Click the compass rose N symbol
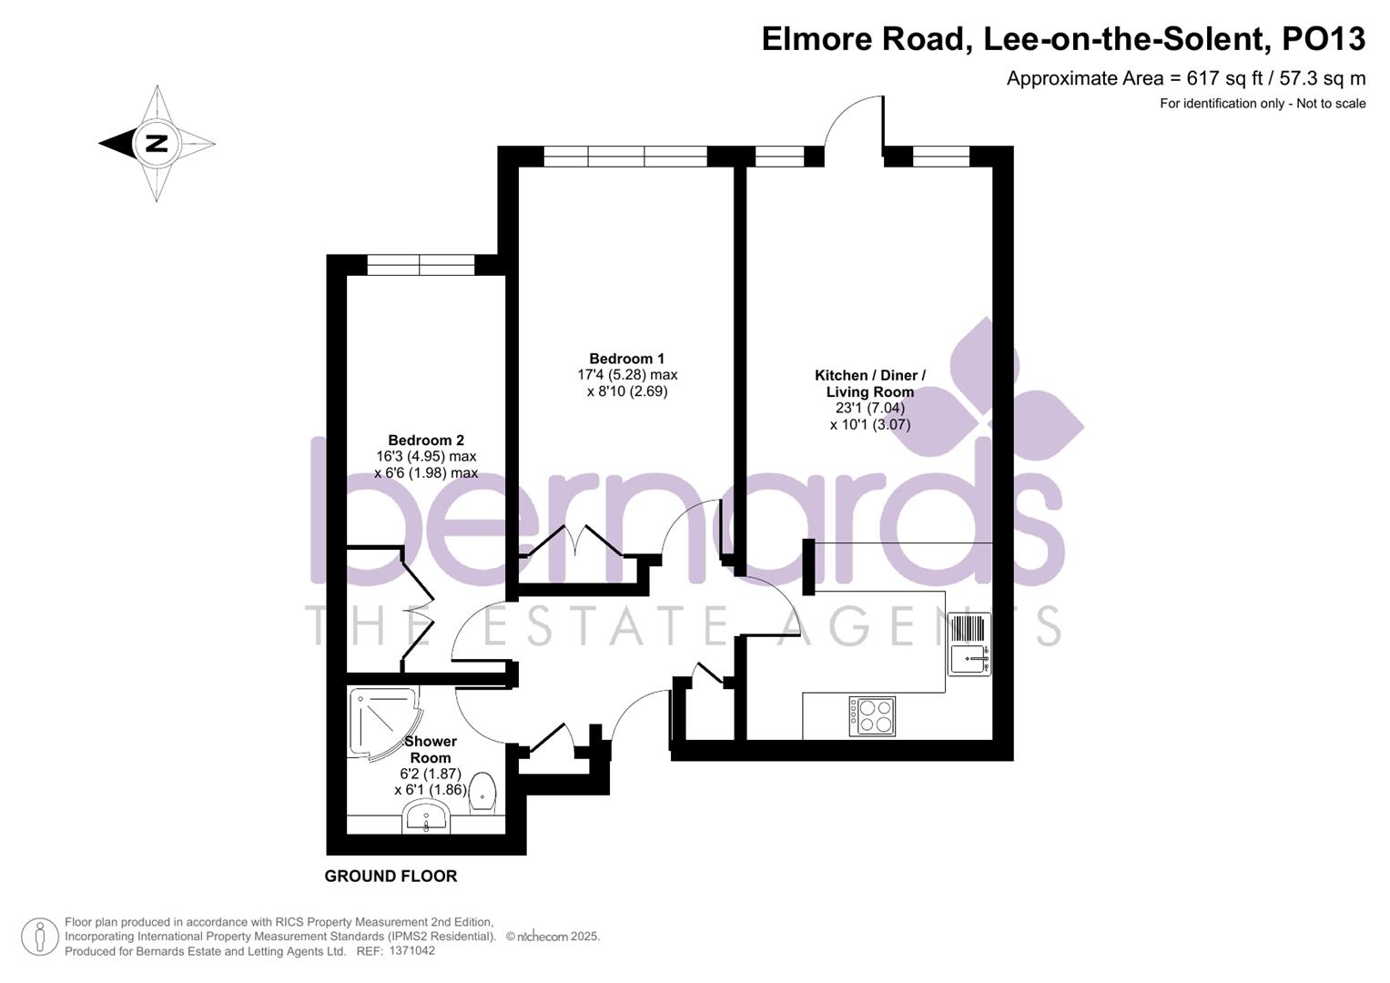pos(157,143)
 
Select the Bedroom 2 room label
pos(425,441)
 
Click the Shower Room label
pos(431,749)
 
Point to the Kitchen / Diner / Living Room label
pos(869,383)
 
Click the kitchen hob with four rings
pos(872,715)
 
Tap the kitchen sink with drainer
pos(969,644)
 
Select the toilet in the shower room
pos(482,791)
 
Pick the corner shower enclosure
pos(380,721)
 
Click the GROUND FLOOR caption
pos(391,877)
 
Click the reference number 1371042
pos(411,951)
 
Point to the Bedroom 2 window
pos(421,265)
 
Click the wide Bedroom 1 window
pos(625,156)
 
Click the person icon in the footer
pos(39,937)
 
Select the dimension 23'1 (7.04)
pos(869,408)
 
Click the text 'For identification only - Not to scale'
pos(1262,104)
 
